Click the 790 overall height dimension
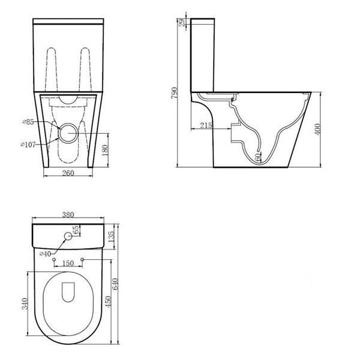pyautogui.click(x=175, y=93)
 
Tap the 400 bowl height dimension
pyautogui.click(x=317, y=129)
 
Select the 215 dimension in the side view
pyautogui.click(x=206, y=125)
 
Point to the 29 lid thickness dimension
pyautogui.click(x=182, y=23)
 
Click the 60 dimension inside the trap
pyautogui.click(x=258, y=157)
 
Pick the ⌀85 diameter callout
pyautogui.click(x=28, y=122)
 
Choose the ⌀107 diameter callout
pyautogui.click(x=28, y=145)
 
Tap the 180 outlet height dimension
pyautogui.click(x=104, y=151)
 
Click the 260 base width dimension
pyautogui.click(x=68, y=173)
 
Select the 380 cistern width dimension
pyautogui.click(x=68, y=215)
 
